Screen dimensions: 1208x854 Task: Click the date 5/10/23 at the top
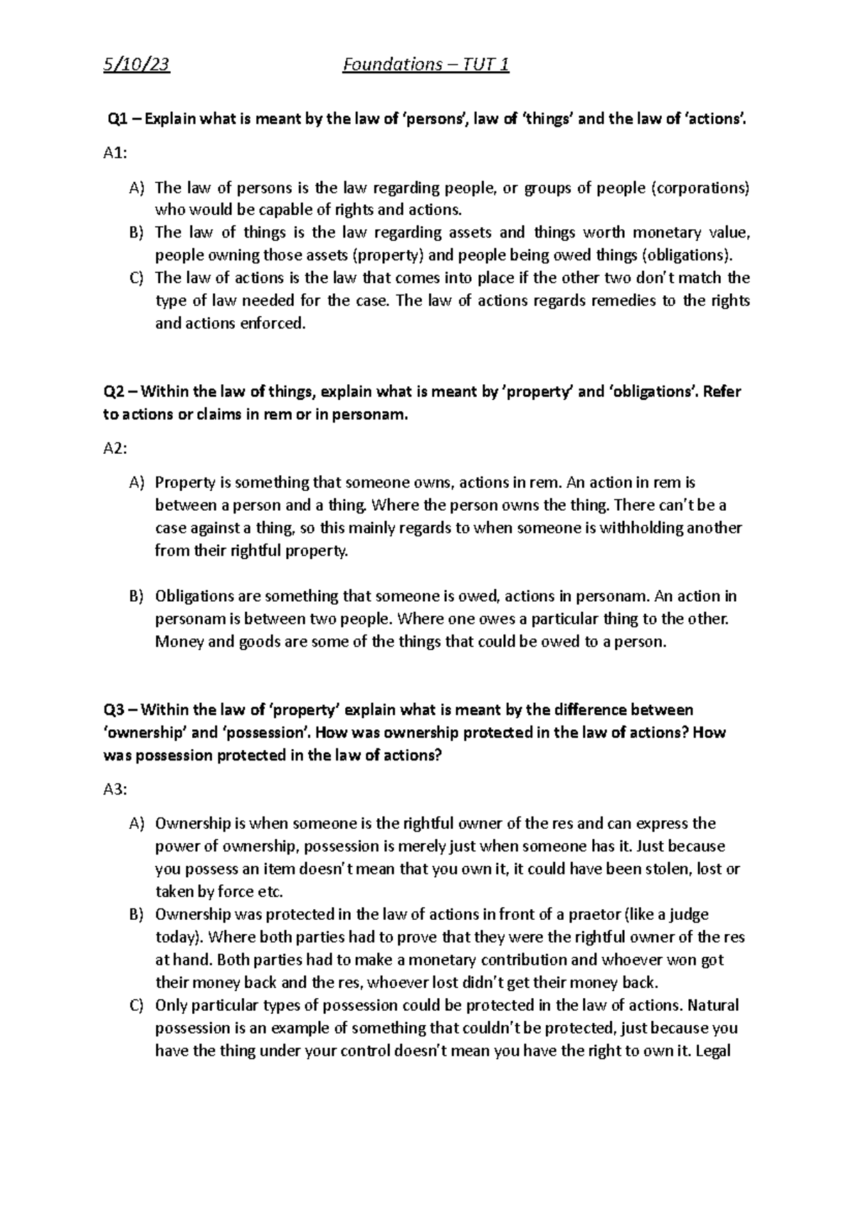(x=136, y=65)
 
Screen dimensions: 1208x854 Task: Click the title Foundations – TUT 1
(x=426, y=65)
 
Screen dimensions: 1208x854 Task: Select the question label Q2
(x=115, y=392)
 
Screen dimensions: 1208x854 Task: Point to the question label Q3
(x=115, y=709)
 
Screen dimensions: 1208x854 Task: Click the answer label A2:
(x=116, y=448)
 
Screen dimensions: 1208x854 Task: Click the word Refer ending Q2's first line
(x=722, y=392)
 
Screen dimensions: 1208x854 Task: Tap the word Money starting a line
(x=174, y=642)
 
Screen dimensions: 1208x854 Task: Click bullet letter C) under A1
(x=137, y=278)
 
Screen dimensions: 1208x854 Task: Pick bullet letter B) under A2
(x=137, y=596)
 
